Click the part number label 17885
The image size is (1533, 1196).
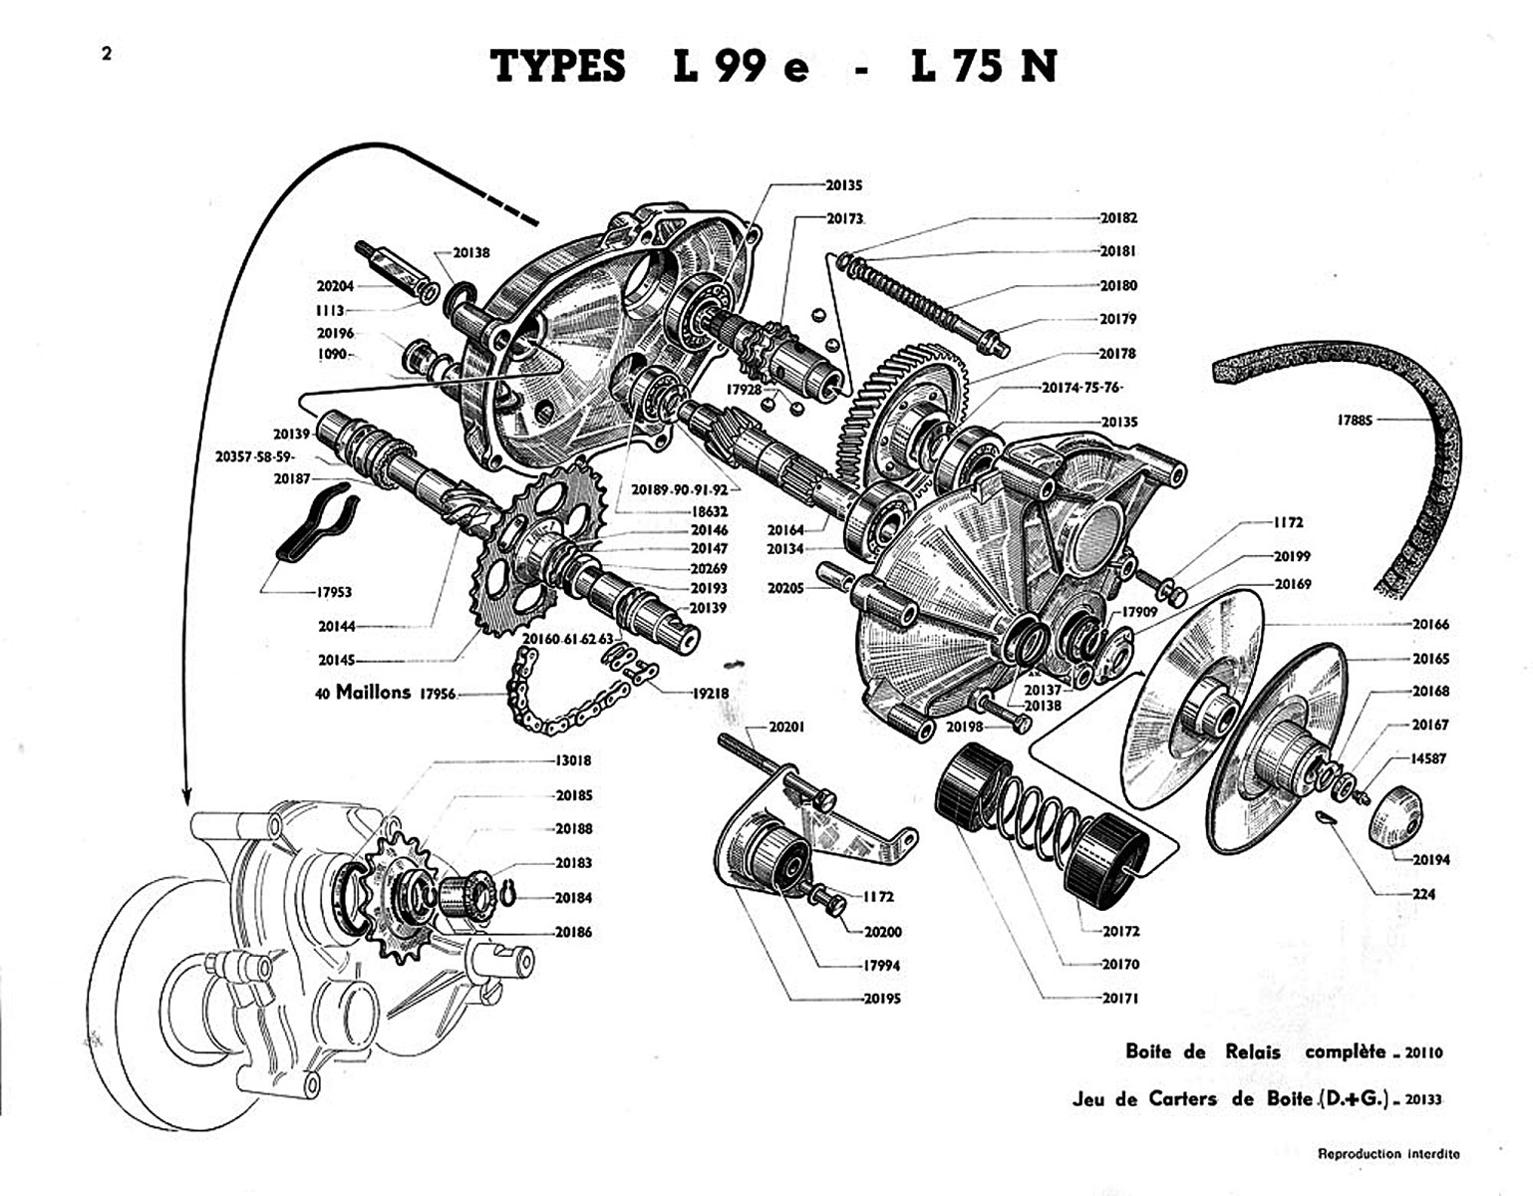(x=1354, y=421)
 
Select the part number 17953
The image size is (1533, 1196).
(x=334, y=591)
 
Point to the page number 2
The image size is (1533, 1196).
(x=106, y=54)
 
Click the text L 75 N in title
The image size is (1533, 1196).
(x=982, y=67)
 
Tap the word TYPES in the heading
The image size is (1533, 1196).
(x=558, y=67)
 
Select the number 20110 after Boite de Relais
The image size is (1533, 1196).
(x=1423, y=1052)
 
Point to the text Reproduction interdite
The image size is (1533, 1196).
(x=1388, y=1154)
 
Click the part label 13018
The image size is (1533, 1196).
(x=572, y=760)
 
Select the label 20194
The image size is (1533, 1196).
(x=1429, y=858)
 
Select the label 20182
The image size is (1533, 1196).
(x=1117, y=217)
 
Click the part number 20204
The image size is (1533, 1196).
(x=336, y=285)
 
